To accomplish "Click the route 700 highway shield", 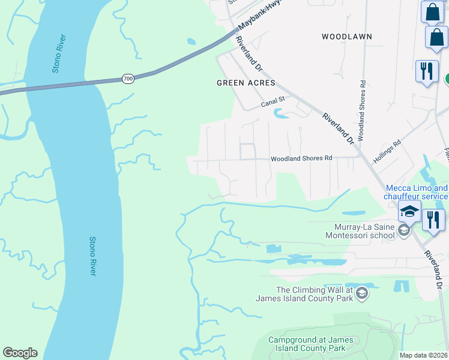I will [x=127, y=79].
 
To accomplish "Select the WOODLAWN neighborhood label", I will [x=346, y=37].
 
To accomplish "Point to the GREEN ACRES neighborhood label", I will [x=246, y=83].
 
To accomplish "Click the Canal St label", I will [x=271, y=104].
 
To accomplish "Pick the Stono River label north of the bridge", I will [x=58, y=54].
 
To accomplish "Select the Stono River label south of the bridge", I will [x=92, y=256].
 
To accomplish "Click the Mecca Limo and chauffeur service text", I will [x=416, y=192].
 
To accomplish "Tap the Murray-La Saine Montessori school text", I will [x=360, y=231].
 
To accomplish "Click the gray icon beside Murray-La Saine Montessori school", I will [x=404, y=230].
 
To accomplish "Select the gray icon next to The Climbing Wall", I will [x=361, y=293].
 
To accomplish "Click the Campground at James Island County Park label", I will [x=307, y=344].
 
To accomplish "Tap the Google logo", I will [x=20, y=353].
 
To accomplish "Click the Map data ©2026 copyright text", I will [x=424, y=355].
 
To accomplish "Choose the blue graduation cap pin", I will [x=410, y=212].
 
